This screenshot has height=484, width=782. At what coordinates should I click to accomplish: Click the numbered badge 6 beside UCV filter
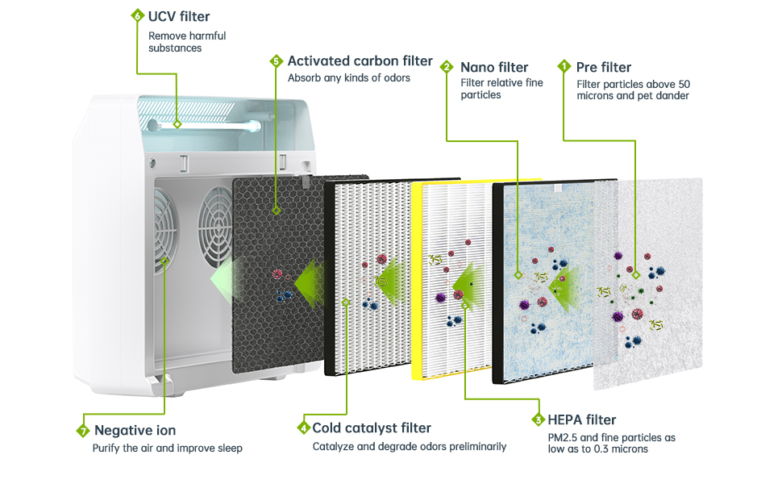point(136,16)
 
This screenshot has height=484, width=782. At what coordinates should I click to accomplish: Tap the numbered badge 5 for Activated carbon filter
point(276,61)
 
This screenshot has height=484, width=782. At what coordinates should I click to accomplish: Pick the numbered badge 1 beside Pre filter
point(564,67)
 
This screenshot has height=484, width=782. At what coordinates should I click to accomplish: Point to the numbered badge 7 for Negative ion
point(82,431)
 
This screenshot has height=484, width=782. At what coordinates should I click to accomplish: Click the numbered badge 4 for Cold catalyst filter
point(304,428)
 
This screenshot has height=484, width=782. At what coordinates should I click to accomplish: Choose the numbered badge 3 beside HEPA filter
point(538,419)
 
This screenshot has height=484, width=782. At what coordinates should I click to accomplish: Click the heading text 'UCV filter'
point(179,16)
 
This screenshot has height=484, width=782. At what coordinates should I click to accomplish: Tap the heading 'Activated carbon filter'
point(360,61)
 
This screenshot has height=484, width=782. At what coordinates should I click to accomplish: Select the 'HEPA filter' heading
point(581,419)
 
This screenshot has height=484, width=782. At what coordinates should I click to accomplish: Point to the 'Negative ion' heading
point(135,431)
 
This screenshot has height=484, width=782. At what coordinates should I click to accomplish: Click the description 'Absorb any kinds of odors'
point(349,78)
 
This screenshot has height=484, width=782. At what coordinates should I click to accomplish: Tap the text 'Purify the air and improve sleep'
point(167,449)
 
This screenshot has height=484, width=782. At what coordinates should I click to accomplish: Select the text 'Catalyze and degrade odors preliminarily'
point(410,446)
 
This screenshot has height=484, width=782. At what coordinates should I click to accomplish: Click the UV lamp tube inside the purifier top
point(218,125)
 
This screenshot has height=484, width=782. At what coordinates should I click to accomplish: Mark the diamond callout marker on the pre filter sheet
point(635,275)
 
